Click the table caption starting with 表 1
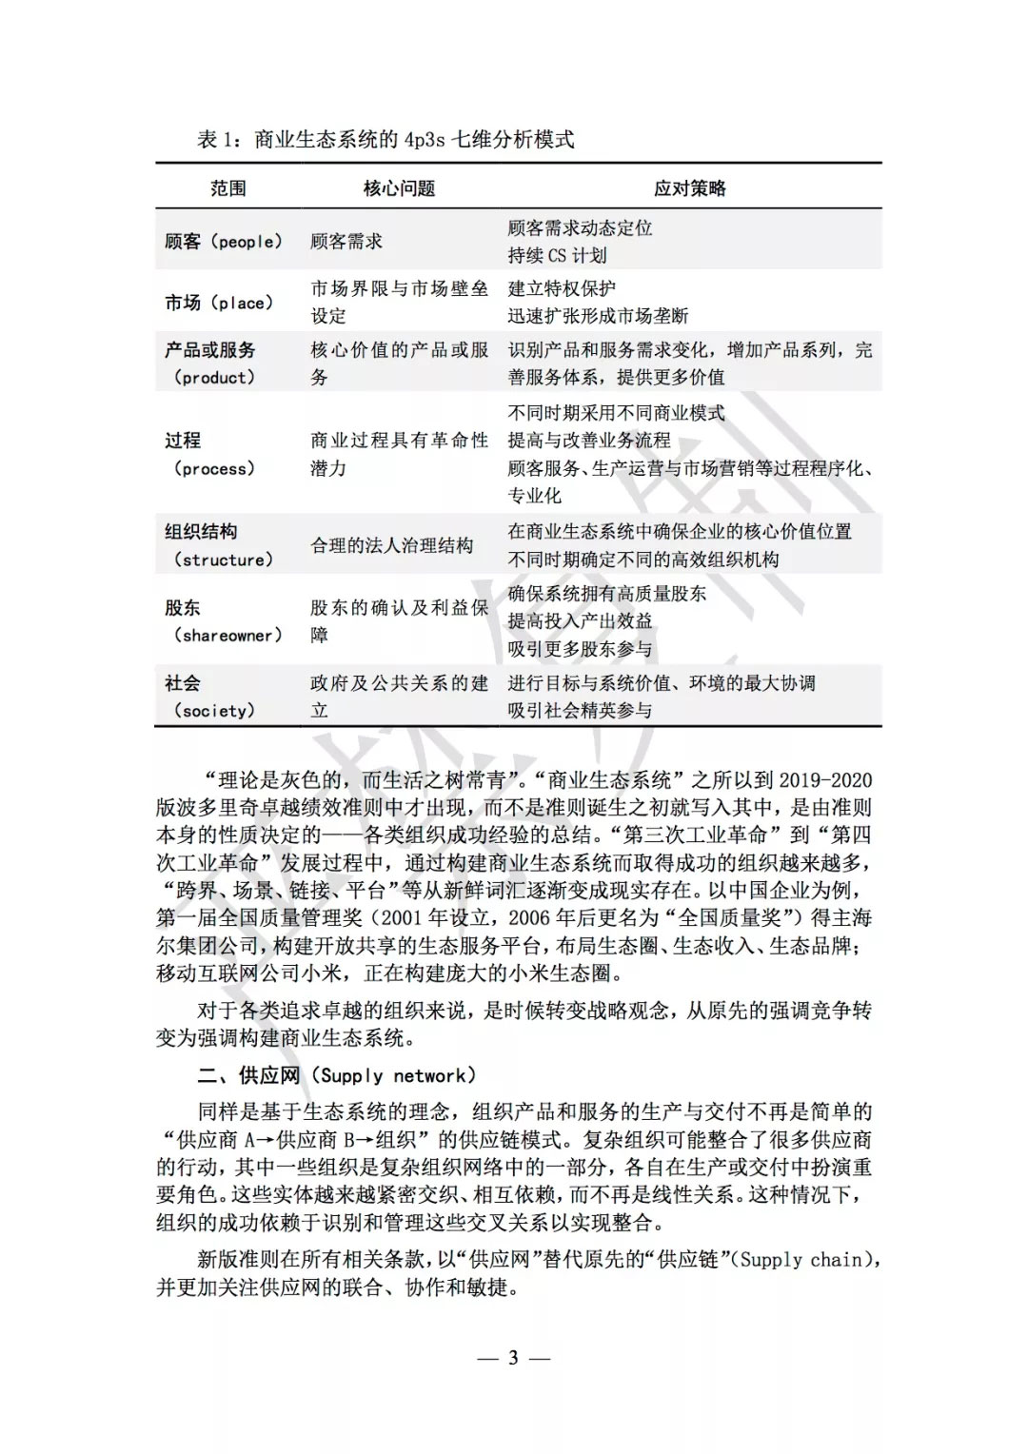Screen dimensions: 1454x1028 point(385,140)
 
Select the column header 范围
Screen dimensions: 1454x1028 point(228,188)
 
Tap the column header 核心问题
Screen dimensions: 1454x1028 point(399,188)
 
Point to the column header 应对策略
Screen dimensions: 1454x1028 point(690,188)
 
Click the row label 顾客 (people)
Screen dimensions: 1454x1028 point(224,242)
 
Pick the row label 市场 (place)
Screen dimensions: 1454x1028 point(219,303)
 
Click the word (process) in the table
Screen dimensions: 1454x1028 point(214,469)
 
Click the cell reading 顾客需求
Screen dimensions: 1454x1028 point(346,242)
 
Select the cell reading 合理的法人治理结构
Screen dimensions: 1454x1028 point(391,545)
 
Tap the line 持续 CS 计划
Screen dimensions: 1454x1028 point(557,255)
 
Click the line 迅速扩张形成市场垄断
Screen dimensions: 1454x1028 point(598,316)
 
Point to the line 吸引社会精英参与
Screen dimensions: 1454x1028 point(580,711)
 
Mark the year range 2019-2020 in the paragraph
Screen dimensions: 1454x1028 point(824,780)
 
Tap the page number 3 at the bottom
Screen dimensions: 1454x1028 point(513,1358)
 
